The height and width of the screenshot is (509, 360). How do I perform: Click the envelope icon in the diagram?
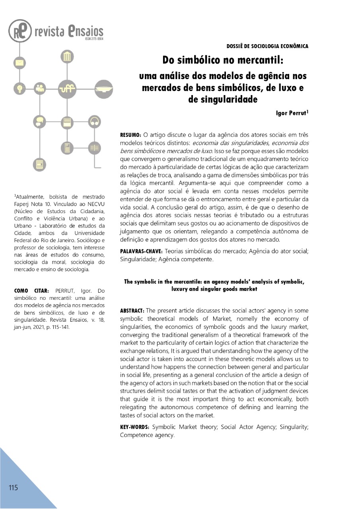19,63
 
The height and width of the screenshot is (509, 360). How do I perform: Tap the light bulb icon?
19,88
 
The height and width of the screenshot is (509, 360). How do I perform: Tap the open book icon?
94,148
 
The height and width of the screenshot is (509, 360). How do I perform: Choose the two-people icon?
40,88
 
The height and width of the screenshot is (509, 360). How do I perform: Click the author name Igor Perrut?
292,113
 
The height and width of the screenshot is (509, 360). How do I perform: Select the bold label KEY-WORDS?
135,427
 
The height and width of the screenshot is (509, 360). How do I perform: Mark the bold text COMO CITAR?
31,291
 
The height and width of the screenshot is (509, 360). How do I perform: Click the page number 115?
13,488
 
